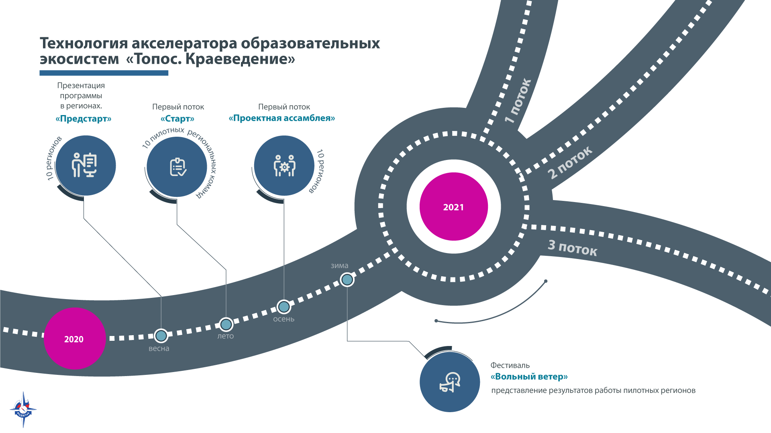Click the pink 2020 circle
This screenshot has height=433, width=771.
(x=74, y=338)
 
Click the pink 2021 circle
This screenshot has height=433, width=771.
(x=454, y=206)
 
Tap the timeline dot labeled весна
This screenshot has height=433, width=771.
(x=161, y=336)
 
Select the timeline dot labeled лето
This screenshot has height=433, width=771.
(x=226, y=324)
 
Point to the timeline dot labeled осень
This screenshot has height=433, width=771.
(x=284, y=307)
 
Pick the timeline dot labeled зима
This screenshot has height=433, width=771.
(x=347, y=279)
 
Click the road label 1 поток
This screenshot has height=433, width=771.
(x=518, y=101)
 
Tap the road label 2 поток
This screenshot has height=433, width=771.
(x=570, y=162)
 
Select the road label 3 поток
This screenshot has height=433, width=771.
(x=573, y=247)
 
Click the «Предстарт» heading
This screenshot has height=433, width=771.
(x=84, y=119)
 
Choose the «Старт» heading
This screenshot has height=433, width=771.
(x=177, y=119)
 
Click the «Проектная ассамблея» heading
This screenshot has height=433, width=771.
(x=282, y=118)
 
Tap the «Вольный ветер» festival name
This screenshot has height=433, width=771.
(x=529, y=376)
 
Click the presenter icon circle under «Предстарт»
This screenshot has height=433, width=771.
(x=86, y=166)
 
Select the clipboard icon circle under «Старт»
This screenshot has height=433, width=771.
(x=177, y=167)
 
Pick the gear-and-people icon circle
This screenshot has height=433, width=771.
(x=284, y=166)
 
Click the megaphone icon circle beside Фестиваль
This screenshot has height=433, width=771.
(x=450, y=382)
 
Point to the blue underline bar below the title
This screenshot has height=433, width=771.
(x=104, y=73)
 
